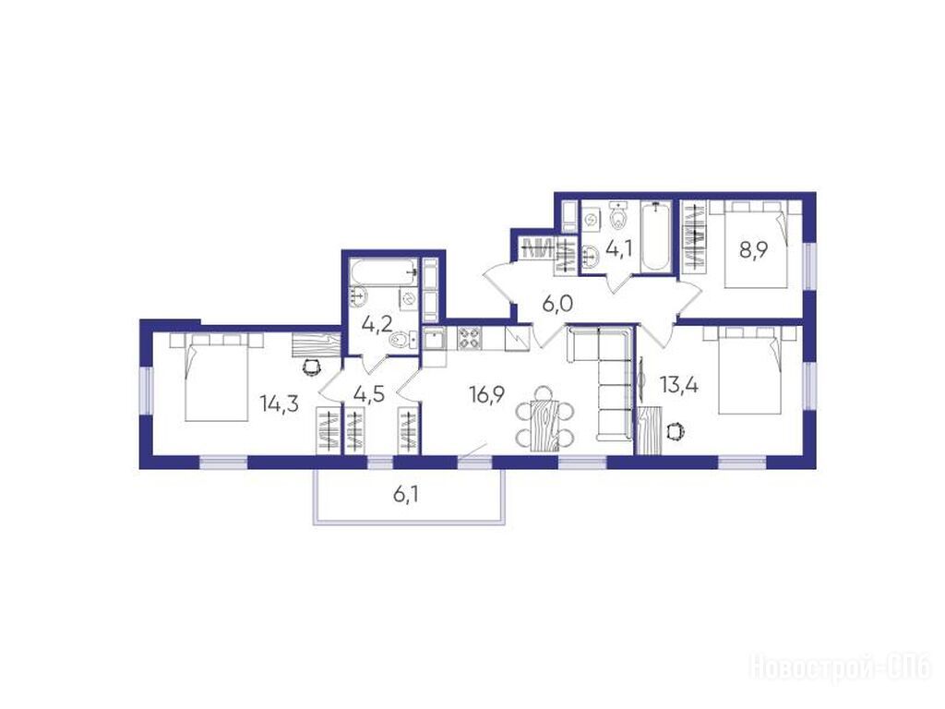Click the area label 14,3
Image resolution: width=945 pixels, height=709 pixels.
[x=280, y=403]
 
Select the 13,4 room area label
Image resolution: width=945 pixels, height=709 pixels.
[x=679, y=384]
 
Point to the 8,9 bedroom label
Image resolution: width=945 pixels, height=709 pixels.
[x=753, y=249]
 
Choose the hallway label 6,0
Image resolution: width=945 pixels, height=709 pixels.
[x=557, y=305]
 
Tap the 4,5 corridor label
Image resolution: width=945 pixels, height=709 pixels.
[x=368, y=394]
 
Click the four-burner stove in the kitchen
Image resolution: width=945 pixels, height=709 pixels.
[x=470, y=338]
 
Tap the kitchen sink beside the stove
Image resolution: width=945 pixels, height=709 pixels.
[x=434, y=339]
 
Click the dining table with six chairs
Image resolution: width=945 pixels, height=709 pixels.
[x=544, y=420]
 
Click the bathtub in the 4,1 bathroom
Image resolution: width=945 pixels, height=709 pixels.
[x=656, y=237]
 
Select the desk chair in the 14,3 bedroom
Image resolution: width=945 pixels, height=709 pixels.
[x=311, y=366]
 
